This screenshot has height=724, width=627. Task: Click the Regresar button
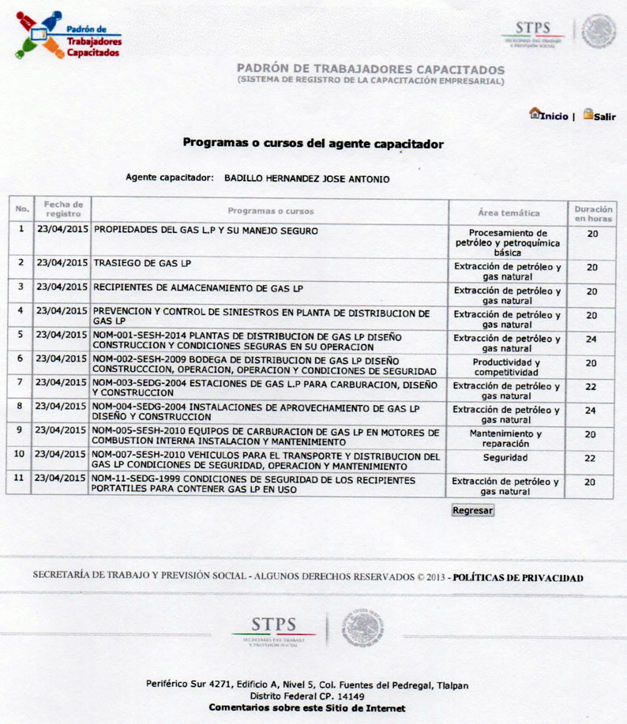473,510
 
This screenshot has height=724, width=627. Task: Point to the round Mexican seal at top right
599,32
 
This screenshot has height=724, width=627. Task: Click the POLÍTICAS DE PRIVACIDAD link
518,577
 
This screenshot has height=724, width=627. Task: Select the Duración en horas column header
591,212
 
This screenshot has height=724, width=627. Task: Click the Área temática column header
509,212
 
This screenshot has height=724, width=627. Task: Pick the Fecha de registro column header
62,209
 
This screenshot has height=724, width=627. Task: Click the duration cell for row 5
591,339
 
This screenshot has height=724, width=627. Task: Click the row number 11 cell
18,478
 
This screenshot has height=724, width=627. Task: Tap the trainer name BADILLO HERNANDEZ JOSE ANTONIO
306,179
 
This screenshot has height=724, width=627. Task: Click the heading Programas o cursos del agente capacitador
313,144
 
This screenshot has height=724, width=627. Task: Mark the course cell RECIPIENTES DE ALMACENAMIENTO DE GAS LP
197,288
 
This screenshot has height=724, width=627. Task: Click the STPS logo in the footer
273,629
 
